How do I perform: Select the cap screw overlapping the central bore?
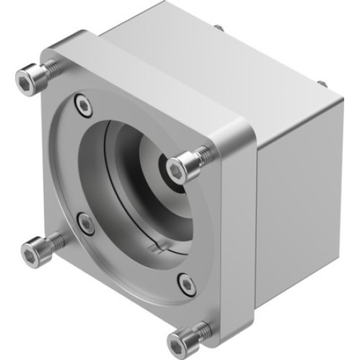coord(184,165)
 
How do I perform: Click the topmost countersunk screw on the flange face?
coord(84,106)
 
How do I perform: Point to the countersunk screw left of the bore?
coord(86,225)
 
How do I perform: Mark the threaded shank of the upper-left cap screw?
coord(50,69)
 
